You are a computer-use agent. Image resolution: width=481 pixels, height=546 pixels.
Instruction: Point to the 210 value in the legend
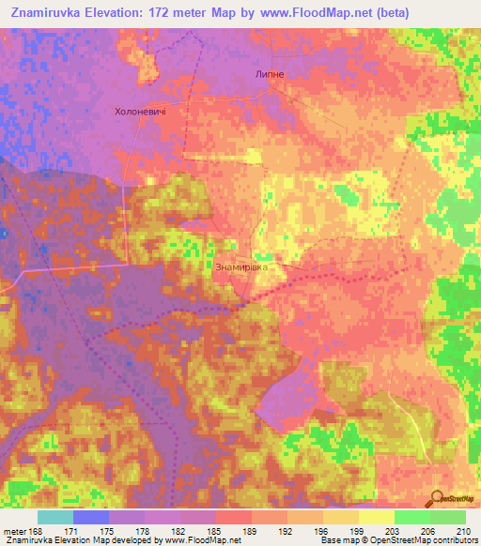461,531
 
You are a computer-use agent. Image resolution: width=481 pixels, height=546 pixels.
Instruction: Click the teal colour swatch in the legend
55,517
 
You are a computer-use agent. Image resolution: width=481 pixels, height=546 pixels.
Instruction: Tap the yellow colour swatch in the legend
376,517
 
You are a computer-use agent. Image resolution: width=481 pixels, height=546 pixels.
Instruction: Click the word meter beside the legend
14,531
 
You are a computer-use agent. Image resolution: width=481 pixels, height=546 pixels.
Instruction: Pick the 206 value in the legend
427,531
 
